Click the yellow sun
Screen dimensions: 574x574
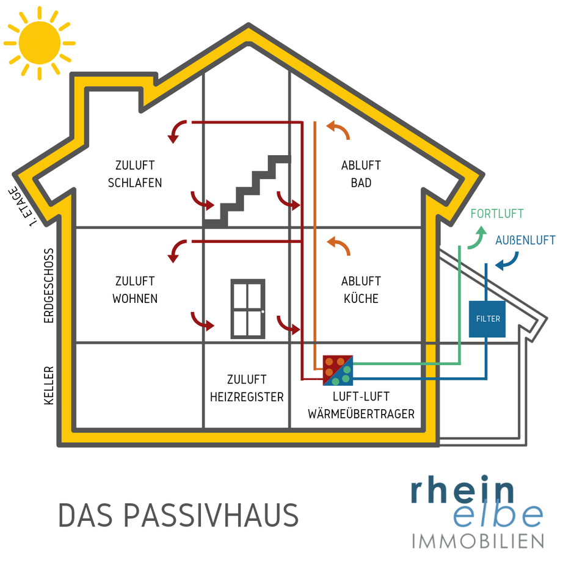pyautogui.click(x=39, y=43)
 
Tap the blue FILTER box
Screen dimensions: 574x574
pyautogui.click(x=487, y=319)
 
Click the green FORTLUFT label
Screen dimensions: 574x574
pyautogui.click(x=497, y=214)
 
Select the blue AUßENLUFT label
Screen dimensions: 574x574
pyautogui.click(x=525, y=240)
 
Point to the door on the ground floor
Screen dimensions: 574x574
pyautogui.click(x=247, y=308)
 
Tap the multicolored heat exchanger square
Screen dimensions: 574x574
pyautogui.click(x=338, y=369)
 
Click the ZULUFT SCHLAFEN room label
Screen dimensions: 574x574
pyautogui.click(x=135, y=174)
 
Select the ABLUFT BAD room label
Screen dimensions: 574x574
pyautogui.click(x=361, y=174)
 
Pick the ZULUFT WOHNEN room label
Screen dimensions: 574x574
pyautogui.click(x=135, y=290)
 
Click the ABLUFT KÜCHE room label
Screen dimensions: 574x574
pyautogui.click(x=361, y=290)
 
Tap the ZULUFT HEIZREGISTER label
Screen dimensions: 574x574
pyautogui.click(x=247, y=388)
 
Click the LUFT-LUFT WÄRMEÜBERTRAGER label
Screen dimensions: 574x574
pyautogui.click(x=361, y=405)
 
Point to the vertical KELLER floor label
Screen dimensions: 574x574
pyautogui.click(x=49, y=385)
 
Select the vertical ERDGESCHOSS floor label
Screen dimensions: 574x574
pyautogui.click(x=49, y=285)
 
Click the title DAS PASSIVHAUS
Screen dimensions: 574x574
pyautogui.click(x=178, y=516)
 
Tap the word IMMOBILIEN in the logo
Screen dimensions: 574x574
pyautogui.click(x=478, y=541)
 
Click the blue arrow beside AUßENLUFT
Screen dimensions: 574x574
pyautogui.click(x=507, y=263)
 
